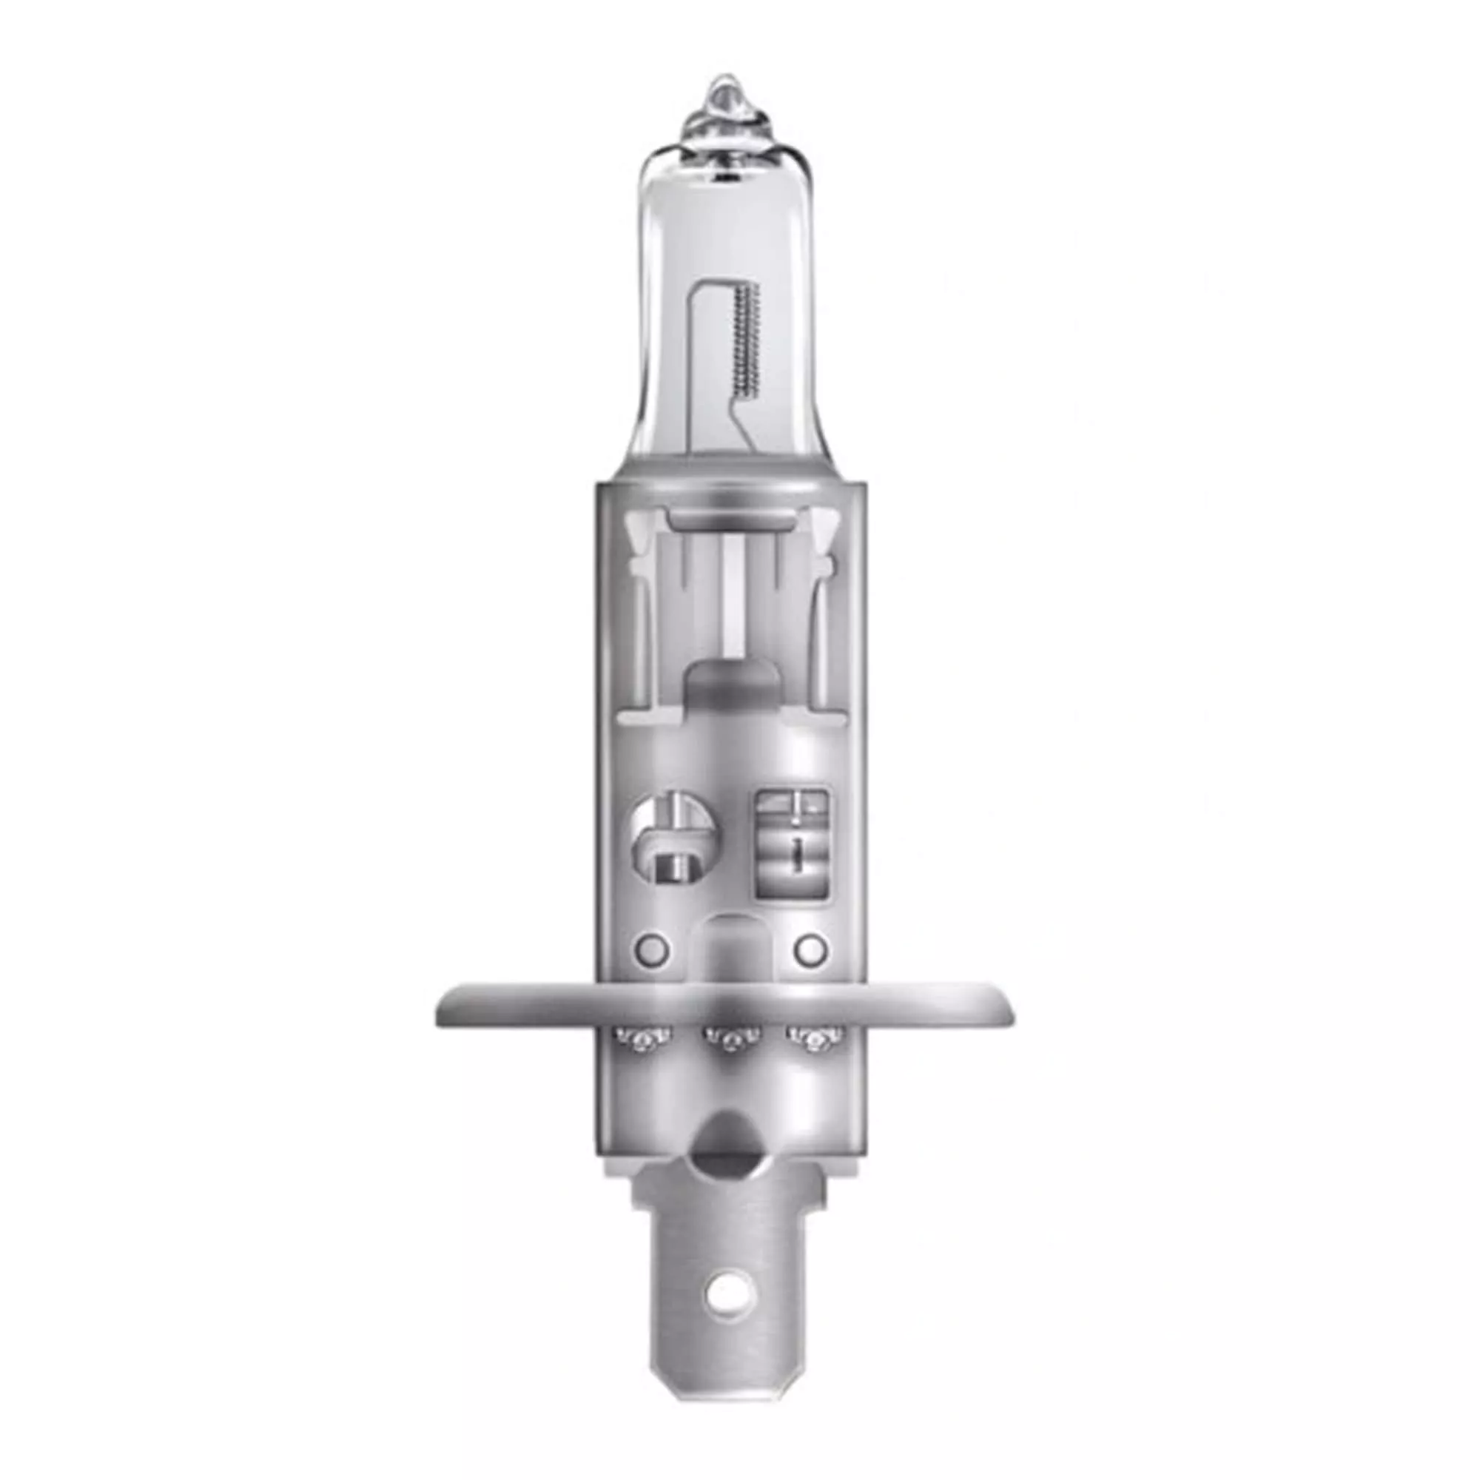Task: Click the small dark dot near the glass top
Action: coord(723,178)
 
